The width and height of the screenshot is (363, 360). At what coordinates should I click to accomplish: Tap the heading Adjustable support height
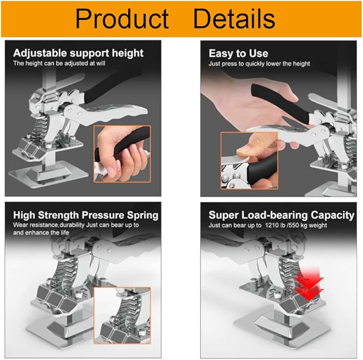tap(78, 53)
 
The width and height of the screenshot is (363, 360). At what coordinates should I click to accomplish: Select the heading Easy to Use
tap(238, 53)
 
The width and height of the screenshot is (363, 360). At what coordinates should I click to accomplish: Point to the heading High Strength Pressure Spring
tap(86, 215)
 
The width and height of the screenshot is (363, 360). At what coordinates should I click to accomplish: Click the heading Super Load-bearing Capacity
tap(281, 215)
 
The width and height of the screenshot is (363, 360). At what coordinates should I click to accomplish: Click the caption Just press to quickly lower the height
tap(259, 63)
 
